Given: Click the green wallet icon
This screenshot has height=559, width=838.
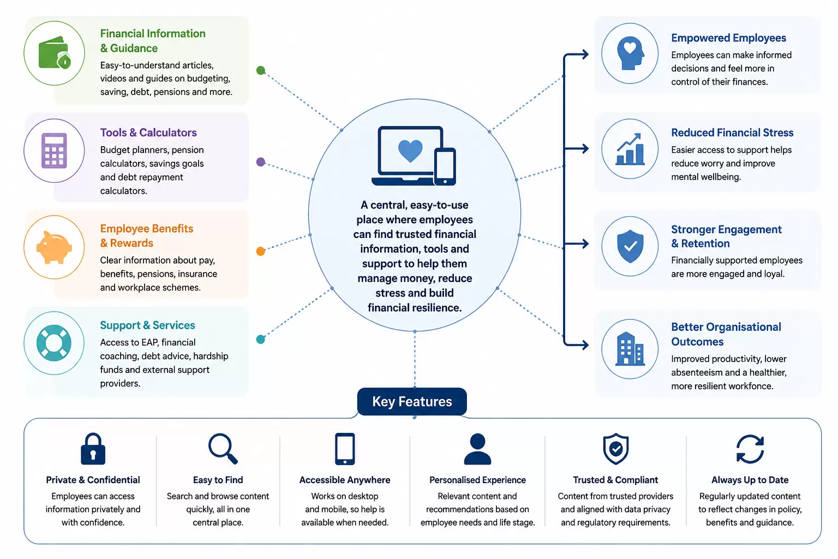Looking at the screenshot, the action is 55,53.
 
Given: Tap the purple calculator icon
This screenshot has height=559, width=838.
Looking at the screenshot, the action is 54,151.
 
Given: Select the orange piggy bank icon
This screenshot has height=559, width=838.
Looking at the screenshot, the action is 54,247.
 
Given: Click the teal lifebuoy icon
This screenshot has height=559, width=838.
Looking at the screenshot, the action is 54,343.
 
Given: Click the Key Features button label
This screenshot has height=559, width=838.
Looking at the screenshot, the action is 412,402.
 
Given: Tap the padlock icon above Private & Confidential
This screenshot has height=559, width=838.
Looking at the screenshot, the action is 93,449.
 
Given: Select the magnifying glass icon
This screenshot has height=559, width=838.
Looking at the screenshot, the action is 223,449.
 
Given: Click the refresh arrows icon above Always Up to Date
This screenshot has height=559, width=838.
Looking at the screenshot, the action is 750,449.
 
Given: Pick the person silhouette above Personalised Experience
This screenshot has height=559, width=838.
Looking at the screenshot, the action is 477,449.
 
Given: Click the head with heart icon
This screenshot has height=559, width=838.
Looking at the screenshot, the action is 630,53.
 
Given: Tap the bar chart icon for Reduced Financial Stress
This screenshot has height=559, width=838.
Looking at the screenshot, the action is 630,149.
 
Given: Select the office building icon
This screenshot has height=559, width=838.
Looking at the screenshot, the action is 630,349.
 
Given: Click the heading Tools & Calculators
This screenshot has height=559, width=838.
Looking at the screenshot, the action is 148,133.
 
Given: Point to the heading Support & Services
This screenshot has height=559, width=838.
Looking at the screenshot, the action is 147,325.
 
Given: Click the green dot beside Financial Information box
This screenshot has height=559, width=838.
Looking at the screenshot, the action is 261,70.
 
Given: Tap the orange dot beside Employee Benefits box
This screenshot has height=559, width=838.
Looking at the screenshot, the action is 261,251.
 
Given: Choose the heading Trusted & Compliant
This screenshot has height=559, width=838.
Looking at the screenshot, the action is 615,480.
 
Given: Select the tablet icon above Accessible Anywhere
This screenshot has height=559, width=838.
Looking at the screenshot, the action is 345,449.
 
